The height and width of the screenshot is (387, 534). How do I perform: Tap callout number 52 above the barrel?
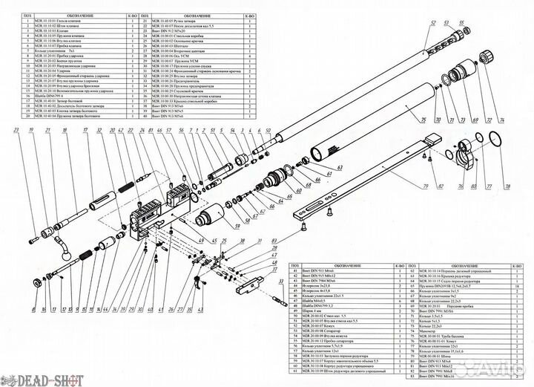tap(428, 23)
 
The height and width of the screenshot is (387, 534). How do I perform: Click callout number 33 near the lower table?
tap(282, 281)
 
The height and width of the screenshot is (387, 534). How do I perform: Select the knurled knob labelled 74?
tap(487, 56)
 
